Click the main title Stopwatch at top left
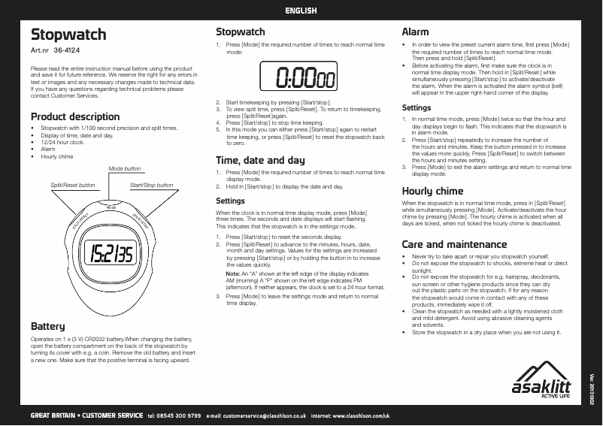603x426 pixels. coord(68,35)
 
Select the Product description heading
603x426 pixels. coord(75,116)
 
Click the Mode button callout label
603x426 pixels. coord(124,168)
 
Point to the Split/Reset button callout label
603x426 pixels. coord(72,185)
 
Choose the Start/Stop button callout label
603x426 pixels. coord(151,185)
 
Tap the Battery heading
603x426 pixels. coord(47,327)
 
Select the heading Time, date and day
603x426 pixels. coord(260,160)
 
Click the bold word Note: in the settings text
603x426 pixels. coord(232,274)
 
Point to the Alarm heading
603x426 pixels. coord(415,32)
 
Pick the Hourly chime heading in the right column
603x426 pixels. coord(432,191)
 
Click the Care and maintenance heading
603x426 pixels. coord(454,244)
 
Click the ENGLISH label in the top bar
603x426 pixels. coord(301,11)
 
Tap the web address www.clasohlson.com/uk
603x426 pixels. coord(361,415)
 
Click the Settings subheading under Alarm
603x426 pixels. coord(417,108)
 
